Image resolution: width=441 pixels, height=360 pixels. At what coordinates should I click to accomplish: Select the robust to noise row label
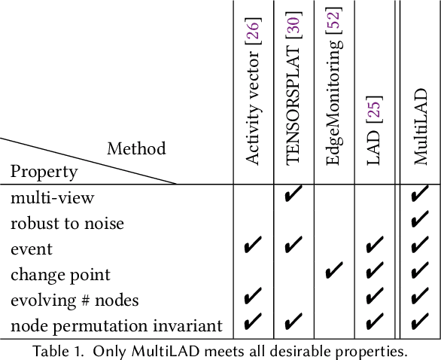[67, 223]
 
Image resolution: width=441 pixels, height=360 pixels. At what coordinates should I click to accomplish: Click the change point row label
[60, 274]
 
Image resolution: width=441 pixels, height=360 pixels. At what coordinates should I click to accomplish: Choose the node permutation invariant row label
[117, 325]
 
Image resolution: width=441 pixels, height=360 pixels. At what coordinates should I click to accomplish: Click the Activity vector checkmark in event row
[254, 246]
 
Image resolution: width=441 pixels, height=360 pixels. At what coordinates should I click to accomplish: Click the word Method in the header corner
[135, 148]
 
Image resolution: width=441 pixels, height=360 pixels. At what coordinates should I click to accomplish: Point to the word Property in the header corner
[44, 172]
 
